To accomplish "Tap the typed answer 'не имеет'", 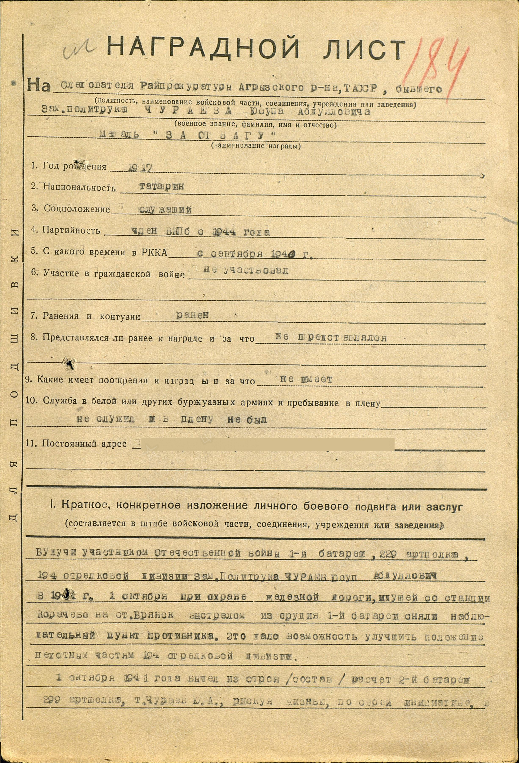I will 306,380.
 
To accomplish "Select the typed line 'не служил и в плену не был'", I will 171,419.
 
